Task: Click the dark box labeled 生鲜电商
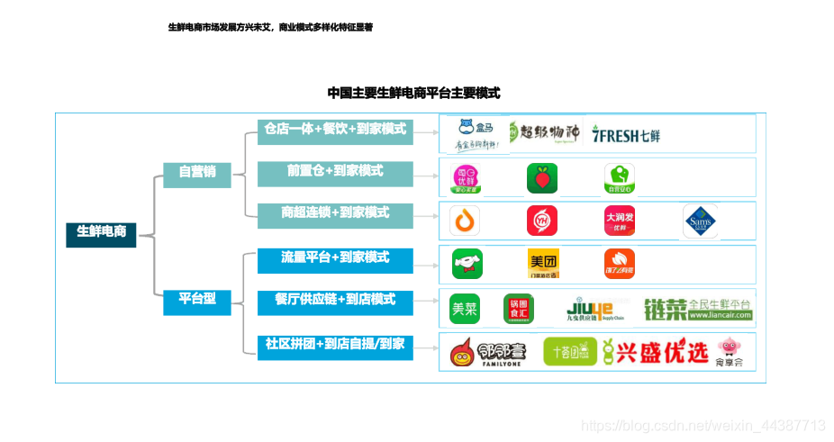point(101,233)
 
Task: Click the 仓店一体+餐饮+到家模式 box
point(335,131)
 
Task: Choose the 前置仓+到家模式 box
point(335,173)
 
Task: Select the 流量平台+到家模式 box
point(335,259)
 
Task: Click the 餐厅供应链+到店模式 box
point(335,302)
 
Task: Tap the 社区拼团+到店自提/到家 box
point(335,345)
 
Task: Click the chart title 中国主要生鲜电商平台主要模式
point(413,93)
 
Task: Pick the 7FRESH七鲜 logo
point(627,135)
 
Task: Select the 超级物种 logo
point(544,133)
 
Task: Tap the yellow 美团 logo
point(542,263)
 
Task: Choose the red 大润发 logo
point(620,221)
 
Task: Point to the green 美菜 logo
point(465,309)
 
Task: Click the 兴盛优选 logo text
point(655,352)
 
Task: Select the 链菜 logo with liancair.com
point(698,309)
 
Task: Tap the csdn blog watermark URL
point(703,425)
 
